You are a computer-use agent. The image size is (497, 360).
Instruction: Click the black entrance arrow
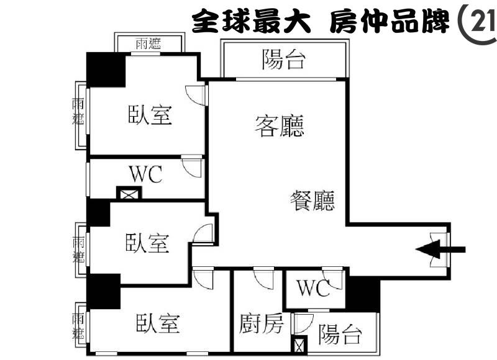click(x=440, y=250)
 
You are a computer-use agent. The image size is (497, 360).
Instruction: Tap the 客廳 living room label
click(x=279, y=126)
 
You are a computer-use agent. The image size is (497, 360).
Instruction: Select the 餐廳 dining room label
click(x=312, y=200)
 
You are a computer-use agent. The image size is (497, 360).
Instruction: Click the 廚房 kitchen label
click(x=261, y=323)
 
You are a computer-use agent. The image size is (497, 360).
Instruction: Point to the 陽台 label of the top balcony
click(x=284, y=60)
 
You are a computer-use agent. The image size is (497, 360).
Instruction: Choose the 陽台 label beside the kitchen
click(x=340, y=334)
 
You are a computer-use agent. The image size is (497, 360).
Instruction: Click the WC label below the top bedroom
click(x=146, y=174)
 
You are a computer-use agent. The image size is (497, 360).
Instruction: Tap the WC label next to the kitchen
click(x=313, y=288)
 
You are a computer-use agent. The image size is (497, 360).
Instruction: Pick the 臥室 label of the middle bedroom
click(x=147, y=243)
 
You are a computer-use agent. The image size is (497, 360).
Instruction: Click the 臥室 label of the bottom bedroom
click(x=158, y=323)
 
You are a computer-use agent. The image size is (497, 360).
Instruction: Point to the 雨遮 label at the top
click(x=148, y=43)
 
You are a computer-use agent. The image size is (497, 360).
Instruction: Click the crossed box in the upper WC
click(x=129, y=193)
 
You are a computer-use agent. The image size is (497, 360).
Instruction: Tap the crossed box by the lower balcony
click(x=299, y=344)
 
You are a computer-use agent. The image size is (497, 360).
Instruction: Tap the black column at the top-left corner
click(x=106, y=70)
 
